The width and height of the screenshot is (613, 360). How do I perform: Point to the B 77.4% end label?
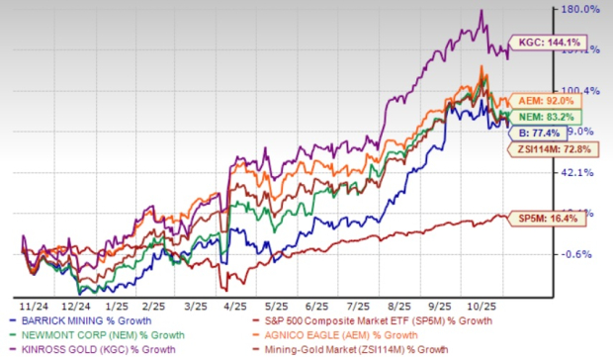[x=541, y=131]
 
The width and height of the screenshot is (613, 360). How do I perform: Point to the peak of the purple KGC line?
[x=481, y=11]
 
